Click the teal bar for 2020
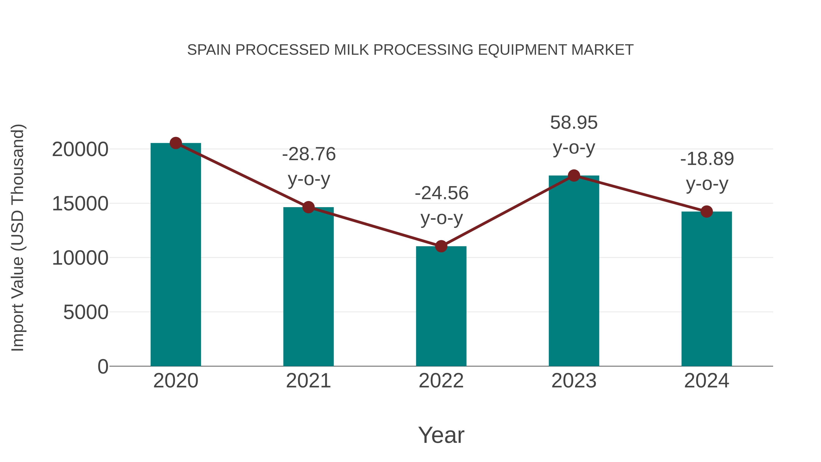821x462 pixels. click(x=176, y=255)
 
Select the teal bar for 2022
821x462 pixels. click(x=441, y=306)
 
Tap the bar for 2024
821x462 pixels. click(x=707, y=289)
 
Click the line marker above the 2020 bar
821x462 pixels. click(x=176, y=143)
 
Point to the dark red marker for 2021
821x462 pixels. click(x=309, y=207)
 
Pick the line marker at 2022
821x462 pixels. click(x=441, y=246)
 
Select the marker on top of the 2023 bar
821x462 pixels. click(x=574, y=176)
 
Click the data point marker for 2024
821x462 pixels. click(x=707, y=211)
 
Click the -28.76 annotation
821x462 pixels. click(x=309, y=154)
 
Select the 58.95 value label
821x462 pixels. click(x=574, y=123)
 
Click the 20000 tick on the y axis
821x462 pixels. click(x=80, y=149)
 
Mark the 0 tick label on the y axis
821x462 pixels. click(x=103, y=366)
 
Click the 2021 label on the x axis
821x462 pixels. click(x=309, y=381)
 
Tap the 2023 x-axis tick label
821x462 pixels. click(x=574, y=381)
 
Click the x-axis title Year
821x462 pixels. click(x=441, y=435)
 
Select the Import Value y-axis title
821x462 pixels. click(x=18, y=238)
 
